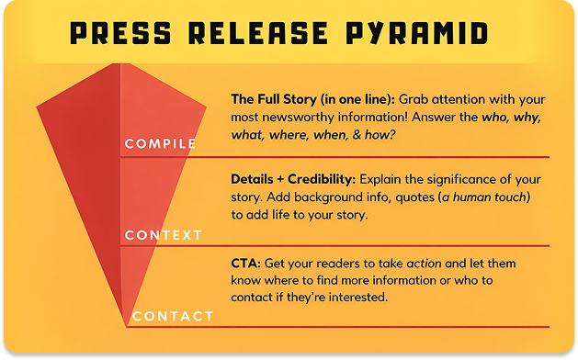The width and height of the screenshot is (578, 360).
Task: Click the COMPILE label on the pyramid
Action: tap(160, 144)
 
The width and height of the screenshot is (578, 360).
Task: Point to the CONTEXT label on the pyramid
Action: tap(164, 235)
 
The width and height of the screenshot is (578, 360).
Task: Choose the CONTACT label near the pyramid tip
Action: tap(173, 317)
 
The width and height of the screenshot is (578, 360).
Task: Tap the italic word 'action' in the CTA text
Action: tap(425, 263)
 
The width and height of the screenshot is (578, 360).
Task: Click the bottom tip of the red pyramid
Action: tap(127, 325)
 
